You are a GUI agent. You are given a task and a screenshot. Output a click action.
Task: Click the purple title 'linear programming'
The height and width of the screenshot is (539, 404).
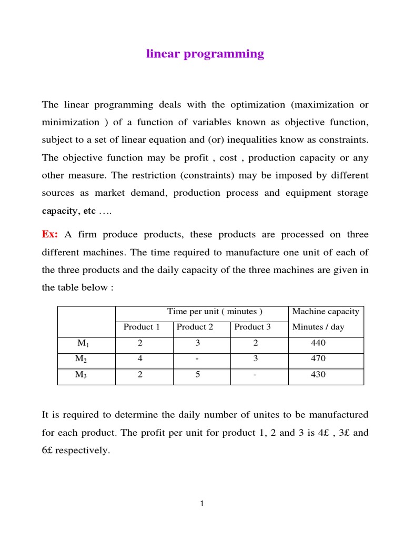tap(205, 54)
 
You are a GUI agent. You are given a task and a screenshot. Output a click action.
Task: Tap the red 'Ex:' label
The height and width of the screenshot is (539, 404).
tap(50, 234)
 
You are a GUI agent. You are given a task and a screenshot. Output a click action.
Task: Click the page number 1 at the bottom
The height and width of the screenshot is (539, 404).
tap(201, 504)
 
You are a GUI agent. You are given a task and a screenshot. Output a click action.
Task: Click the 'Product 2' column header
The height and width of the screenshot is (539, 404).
tap(195, 327)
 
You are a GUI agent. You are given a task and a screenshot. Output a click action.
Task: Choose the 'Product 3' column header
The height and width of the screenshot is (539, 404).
tap(252, 327)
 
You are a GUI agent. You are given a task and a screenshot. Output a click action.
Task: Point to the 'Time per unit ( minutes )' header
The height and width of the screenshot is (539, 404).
tap(215, 312)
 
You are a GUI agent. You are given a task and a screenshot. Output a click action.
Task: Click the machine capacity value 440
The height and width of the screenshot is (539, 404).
tap(318, 343)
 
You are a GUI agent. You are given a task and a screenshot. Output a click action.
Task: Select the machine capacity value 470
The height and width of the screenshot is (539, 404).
tap(318, 358)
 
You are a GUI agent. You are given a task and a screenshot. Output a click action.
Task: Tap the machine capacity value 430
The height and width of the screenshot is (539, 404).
tap(318, 375)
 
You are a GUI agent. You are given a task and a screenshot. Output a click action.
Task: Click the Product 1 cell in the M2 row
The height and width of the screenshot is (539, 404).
tap(140, 358)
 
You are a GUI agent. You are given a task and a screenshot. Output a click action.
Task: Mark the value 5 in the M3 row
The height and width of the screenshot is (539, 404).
tap(198, 375)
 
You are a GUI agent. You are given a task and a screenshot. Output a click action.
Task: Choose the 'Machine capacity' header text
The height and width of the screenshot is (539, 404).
tap(326, 312)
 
